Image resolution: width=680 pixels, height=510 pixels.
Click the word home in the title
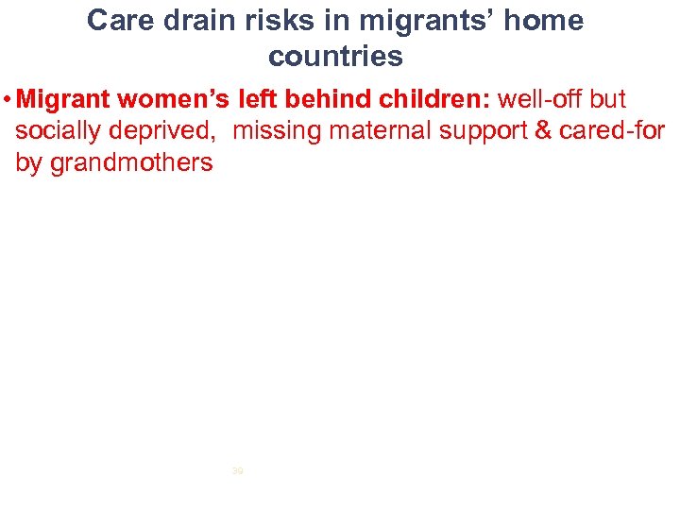[x=548, y=21]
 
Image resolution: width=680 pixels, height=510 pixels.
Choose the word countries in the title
[x=335, y=57]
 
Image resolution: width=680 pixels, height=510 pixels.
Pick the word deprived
[x=168, y=131]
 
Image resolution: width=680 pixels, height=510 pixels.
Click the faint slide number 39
[x=237, y=469]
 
